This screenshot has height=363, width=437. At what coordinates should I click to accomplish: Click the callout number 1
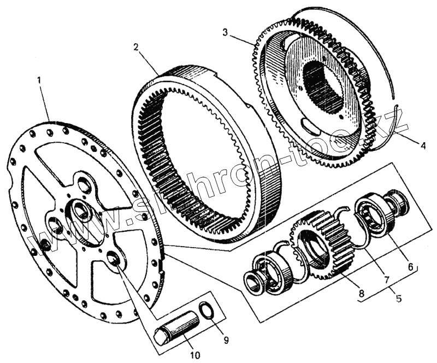pyautogui.click(x=39, y=80)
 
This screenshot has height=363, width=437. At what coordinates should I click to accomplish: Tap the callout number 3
pyautogui.click(x=225, y=32)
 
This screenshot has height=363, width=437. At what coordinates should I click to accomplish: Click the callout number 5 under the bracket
pyautogui.click(x=399, y=299)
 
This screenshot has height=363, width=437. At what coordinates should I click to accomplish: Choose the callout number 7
pyautogui.click(x=386, y=279)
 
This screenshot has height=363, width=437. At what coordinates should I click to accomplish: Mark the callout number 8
pyautogui.click(x=362, y=294)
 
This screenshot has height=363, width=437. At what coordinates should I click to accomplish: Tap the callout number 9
pyautogui.click(x=226, y=339)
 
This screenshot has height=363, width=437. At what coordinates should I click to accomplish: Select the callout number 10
pyautogui.click(x=195, y=356)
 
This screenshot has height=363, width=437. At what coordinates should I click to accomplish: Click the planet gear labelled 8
pyautogui.click(x=320, y=246)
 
